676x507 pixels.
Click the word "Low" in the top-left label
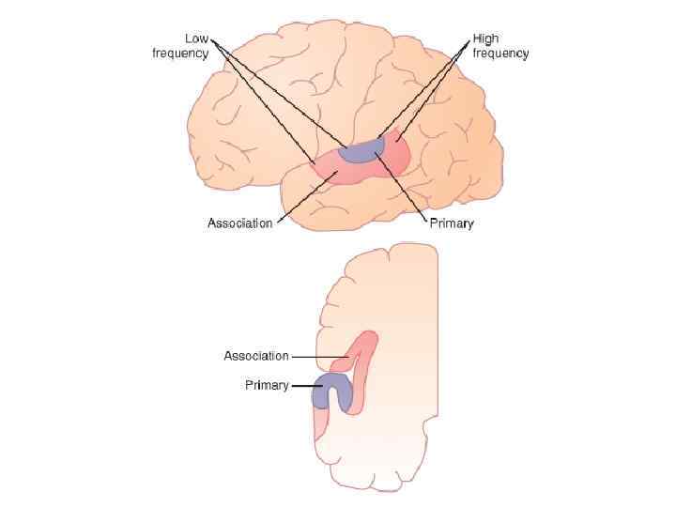[x=196, y=39]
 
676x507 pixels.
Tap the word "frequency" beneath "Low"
[x=180, y=54]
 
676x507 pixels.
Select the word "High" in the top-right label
[x=486, y=39]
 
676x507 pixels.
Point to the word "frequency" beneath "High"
[x=500, y=54]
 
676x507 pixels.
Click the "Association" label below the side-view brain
[x=239, y=223]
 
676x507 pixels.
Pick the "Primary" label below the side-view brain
[x=452, y=223]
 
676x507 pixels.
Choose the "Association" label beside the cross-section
[x=256, y=356]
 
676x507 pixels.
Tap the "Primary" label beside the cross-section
[x=267, y=385]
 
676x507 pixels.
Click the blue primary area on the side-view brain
[x=360, y=151]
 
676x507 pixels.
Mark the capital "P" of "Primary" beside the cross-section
[x=249, y=385]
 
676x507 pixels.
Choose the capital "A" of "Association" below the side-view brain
[x=212, y=223]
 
